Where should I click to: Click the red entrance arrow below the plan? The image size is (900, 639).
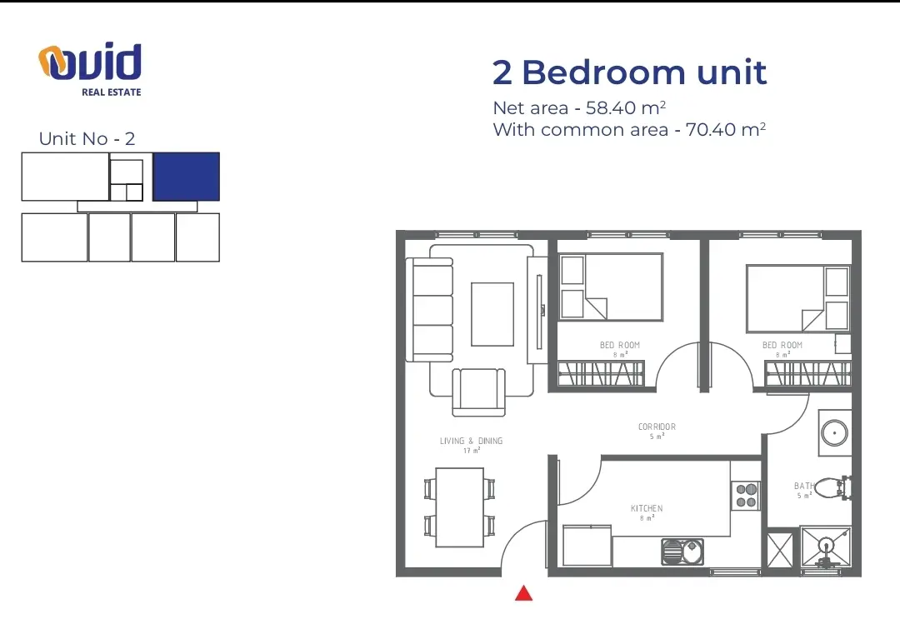point(523,594)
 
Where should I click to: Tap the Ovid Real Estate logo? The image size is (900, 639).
point(90,69)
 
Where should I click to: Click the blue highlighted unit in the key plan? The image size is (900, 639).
point(186,177)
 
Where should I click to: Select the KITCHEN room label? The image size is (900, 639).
point(647,508)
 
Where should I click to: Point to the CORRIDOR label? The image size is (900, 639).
point(657,427)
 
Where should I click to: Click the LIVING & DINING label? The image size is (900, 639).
point(471,441)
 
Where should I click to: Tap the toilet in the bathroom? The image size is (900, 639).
point(832,488)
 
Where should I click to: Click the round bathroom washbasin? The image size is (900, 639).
point(834,432)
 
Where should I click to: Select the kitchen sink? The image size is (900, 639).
point(682,552)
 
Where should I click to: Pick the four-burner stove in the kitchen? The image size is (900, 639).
point(746,496)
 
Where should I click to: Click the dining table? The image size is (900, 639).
point(459,507)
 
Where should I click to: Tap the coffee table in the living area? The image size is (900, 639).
point(492,314)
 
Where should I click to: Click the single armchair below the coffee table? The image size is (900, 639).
point(478,392)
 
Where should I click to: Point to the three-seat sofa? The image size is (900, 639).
point(429,310)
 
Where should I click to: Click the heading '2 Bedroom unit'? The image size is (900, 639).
point(630,72)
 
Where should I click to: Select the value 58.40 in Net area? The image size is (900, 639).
point(611,107)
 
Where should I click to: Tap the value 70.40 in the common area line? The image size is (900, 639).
point(711,130)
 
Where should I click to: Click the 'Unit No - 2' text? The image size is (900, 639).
point(87,139)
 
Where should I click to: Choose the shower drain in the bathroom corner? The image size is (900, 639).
point(826,544)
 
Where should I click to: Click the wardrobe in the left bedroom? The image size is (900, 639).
point(601,373)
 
